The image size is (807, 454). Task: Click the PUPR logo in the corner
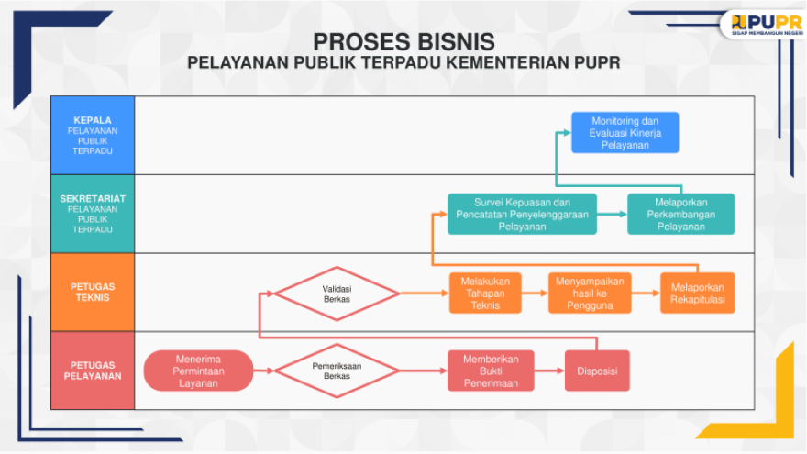(x=767, y=24)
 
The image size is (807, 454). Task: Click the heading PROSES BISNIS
(x=404, y=41)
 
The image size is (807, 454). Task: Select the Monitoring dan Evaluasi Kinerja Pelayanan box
(x=625, y=133)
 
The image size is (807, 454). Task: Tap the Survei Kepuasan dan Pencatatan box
(x=522, y=214)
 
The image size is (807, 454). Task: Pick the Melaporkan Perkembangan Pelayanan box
(x=680, y=214)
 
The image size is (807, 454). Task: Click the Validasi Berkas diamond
(x=337, y=293)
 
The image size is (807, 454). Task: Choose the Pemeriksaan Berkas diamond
(x=337, y=371)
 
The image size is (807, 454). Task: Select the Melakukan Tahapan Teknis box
(x=485, y=293)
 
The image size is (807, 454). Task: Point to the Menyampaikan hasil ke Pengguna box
(x=590, y=293)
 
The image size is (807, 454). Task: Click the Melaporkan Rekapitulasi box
(x=697, y=293)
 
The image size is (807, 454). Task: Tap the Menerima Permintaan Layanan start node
(x=198, y=371)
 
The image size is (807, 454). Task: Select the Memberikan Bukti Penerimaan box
(x=491, y=371)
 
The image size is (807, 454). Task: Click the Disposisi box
(x=597, y=371)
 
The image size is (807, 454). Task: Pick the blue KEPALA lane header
(x=93, y=136)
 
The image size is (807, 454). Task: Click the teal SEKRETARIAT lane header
(x=93, y=214)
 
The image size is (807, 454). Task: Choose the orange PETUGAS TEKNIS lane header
(x=93, y=292)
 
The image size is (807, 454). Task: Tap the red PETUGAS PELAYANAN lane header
(x=93, y=371)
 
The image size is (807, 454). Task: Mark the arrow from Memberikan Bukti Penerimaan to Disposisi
(x=549, y=371)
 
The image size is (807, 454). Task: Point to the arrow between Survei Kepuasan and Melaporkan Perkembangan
(x=612, y=214)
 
